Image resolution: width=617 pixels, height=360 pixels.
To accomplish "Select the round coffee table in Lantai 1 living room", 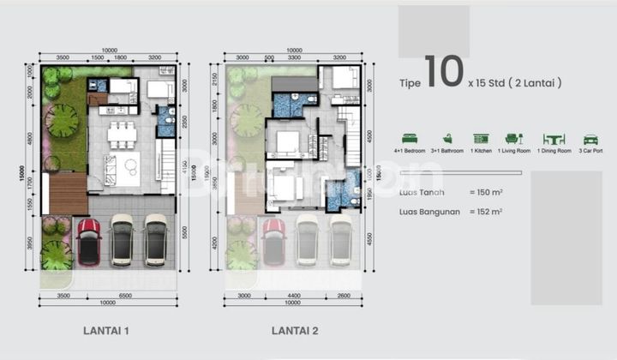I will [x=131, y=165].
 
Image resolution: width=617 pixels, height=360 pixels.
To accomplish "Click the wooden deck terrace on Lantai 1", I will [x=69, y=193].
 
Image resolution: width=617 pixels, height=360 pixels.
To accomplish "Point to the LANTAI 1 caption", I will [x=107, y=329].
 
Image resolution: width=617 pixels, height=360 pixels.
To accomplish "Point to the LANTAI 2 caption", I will [x=295, y=329].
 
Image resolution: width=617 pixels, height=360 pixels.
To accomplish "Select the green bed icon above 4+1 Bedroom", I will [x=410, y=139].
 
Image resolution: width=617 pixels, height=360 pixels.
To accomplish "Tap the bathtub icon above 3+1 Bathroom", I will [x=446, y=139].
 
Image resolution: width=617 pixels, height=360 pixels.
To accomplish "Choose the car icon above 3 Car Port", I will [x=590, y=139].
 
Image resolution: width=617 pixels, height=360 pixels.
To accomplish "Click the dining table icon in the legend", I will [x=554, y=139].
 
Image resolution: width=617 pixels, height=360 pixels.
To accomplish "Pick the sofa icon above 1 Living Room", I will [x=513, y=139].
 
